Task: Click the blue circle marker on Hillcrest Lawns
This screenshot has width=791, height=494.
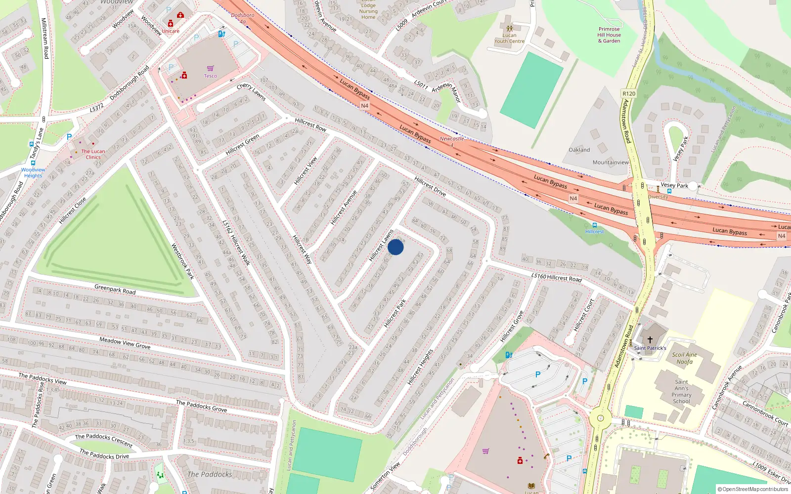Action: point(395,247)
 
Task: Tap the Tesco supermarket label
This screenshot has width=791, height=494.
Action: point(210,76)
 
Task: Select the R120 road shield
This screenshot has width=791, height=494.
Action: point(629,94)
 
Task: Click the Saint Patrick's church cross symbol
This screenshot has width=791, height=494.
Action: point(650,340)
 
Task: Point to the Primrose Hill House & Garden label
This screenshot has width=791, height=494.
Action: point(609,35)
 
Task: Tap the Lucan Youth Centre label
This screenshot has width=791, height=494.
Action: point(510,38)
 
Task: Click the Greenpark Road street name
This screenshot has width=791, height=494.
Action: point(115,289)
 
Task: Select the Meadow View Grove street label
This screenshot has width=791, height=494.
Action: point(125,343)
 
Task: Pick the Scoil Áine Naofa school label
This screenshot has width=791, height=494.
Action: point(685,358)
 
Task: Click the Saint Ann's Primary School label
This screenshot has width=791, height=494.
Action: point(681,392)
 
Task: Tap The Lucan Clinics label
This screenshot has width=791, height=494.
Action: point(93,154)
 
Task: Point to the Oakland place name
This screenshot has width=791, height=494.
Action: point(579,150)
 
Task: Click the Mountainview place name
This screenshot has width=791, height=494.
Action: point(611,163)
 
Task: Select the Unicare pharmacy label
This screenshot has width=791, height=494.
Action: point(171,31)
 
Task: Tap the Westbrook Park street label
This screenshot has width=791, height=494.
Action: point(182,261)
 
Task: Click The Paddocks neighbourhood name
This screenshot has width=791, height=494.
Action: point(210,474)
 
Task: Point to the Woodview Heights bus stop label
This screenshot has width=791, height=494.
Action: point(33,172)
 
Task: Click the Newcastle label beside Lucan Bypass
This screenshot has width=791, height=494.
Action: point(452,139)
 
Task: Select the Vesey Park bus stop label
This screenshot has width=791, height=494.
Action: point(674,185)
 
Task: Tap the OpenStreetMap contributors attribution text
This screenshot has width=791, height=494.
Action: point(752,489)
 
